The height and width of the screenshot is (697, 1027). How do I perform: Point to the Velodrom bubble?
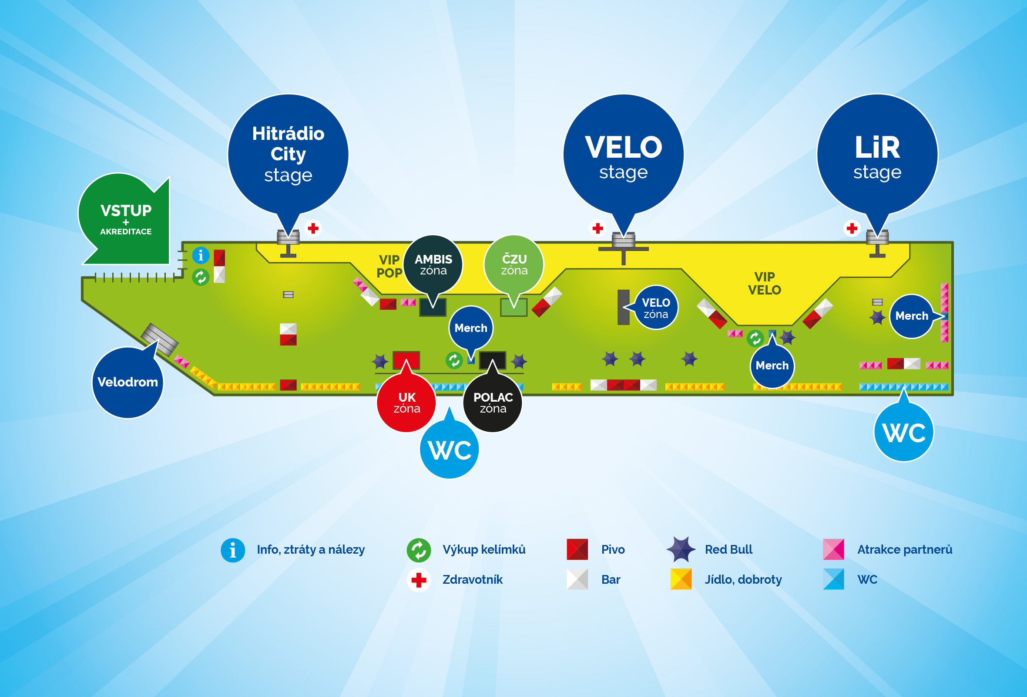[x=128, y=382]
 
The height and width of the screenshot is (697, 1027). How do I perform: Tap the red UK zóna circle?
[x=406, y=403]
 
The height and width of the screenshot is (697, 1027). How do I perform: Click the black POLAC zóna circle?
[x=493, y=403]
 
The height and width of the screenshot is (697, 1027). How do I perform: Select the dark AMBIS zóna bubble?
[x=433, y=264]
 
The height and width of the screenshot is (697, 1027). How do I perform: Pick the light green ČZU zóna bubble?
[x=514, y=264]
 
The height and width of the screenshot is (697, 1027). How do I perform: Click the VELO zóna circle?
[x=656, y=308]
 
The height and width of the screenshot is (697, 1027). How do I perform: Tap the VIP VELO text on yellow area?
[x=765, y=284]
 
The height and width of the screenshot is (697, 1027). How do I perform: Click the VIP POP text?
[x=389, y=266]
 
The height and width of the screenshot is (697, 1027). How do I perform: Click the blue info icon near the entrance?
[x=201, y=255]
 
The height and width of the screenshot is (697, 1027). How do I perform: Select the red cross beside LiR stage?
[x=852, y=228]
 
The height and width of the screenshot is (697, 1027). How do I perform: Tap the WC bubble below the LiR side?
[x=904, y=432]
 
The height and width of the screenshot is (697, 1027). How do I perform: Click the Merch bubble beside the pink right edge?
[x=911, y=316]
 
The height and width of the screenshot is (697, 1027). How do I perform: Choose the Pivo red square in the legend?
[x=577, y=549]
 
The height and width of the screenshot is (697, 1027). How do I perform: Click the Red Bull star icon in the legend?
[x=681, y=549]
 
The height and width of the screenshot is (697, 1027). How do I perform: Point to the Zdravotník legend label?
[x=473, y=579]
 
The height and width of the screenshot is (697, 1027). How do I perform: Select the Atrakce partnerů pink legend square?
[x=833, y=549]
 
